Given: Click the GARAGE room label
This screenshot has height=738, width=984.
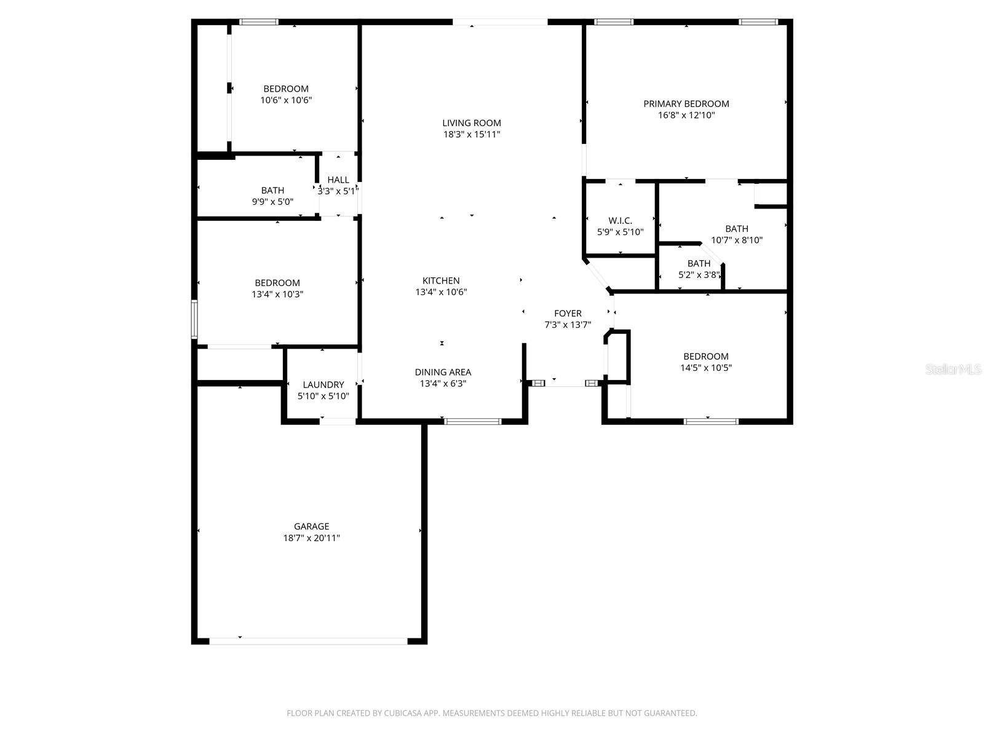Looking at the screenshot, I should (311, 526).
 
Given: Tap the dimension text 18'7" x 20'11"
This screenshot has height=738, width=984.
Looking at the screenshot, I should (311, 538).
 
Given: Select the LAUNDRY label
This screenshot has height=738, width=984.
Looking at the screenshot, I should (323, 385).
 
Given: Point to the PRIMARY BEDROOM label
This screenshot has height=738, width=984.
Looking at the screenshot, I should (686, 104).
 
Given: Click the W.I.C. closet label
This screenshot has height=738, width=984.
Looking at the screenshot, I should (620, 221).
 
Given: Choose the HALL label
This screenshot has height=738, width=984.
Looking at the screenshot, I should (338, 180).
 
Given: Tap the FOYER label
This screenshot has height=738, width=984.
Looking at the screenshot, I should (568, 314).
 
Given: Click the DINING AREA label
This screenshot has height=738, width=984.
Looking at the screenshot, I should (443, 372).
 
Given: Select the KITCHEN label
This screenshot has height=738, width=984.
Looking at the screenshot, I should (441, 281).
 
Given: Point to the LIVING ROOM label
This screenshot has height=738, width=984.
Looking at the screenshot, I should (472, 123).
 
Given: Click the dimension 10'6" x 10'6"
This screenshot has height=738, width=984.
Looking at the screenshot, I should (286, 100).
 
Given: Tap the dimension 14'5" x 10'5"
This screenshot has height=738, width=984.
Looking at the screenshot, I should (706, 368).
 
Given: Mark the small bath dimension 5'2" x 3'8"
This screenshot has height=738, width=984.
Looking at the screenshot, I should (699, 275).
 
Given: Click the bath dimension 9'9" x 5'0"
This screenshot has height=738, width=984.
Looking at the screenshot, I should (272, 202).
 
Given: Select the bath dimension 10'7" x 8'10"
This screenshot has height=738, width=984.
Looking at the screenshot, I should (737, 240).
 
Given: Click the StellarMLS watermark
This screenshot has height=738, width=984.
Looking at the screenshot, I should (953, 369).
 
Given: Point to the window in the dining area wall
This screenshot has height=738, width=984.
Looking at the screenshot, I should (472, 421).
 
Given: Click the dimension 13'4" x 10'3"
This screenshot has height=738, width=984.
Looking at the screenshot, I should (277, 295).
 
